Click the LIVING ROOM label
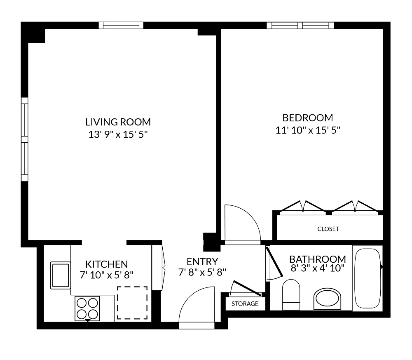(118, 122)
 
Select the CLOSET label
(328, 229)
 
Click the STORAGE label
(245, 304)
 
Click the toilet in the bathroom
(291, 294)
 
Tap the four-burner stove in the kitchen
(87, 308)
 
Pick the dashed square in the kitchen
(132, 303)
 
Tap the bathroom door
(272, 264)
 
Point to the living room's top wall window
(121, 25)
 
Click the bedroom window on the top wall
(300, 25)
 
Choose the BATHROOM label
(317, 259)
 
